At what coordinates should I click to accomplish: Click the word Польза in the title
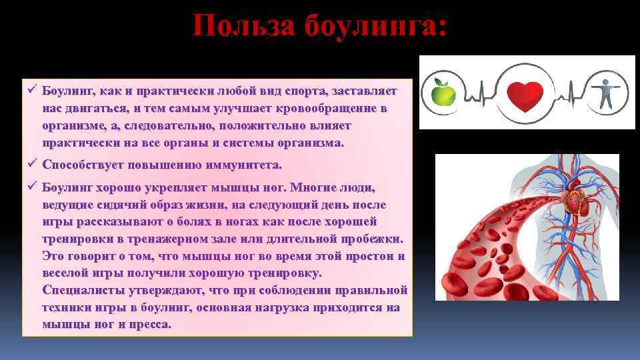[x=243, y=27]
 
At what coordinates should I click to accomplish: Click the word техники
[x=68, y=307]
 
